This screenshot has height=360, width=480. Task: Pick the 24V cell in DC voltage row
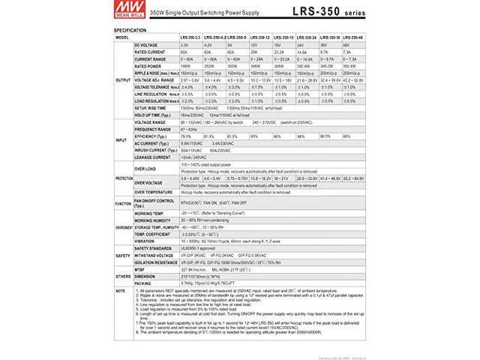click(300, 45)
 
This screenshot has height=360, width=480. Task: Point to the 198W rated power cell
click(184, 65)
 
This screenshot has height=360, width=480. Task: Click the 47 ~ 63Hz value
click(189, 129)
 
